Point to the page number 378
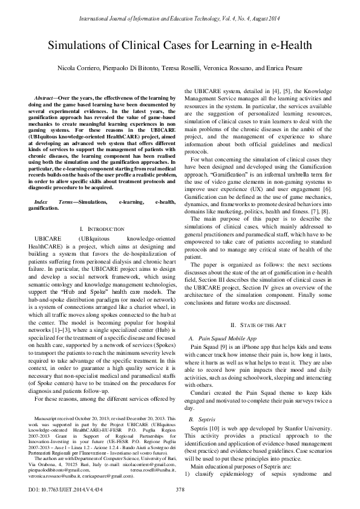point(180,488)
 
